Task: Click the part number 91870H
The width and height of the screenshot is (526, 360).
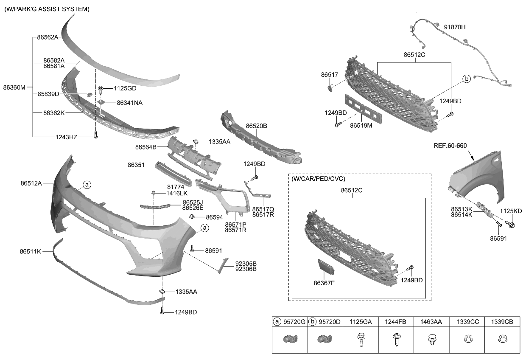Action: pyautogui.click(x=455, y=27)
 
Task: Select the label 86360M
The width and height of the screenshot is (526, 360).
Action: pyautogui.click(x=14, y=87)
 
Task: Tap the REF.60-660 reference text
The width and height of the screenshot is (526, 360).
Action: pyautogui.click(x=450, y=146)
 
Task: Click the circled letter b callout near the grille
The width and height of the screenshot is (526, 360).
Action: pyautogui.click(x=466, y=79)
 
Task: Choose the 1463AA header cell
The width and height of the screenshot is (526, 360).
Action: pyautogui.click(x=431, y=322)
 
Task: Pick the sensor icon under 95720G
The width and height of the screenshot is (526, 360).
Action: pyautogui.click(x=290, y=340)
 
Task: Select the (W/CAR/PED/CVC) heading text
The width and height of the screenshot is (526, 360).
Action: pyautogui.click(x=318, y=179)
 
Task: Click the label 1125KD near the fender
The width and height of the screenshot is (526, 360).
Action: pyautogui.click(x=510, y=211)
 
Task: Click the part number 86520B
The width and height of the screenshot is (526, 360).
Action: pyautogui.click(x=256, y=126)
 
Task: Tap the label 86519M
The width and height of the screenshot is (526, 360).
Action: pyautogui.click(x=361, y=126)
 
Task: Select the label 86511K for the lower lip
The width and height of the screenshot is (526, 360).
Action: pyautogui.click(x=30, y=251)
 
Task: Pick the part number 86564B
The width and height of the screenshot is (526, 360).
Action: pyautogui.click(x=146, y=147)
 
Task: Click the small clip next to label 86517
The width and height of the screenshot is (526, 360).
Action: pyautogui.click(x=330, y=88)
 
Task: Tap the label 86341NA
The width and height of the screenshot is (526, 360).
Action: pyautogui.click(x=129, y=102)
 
